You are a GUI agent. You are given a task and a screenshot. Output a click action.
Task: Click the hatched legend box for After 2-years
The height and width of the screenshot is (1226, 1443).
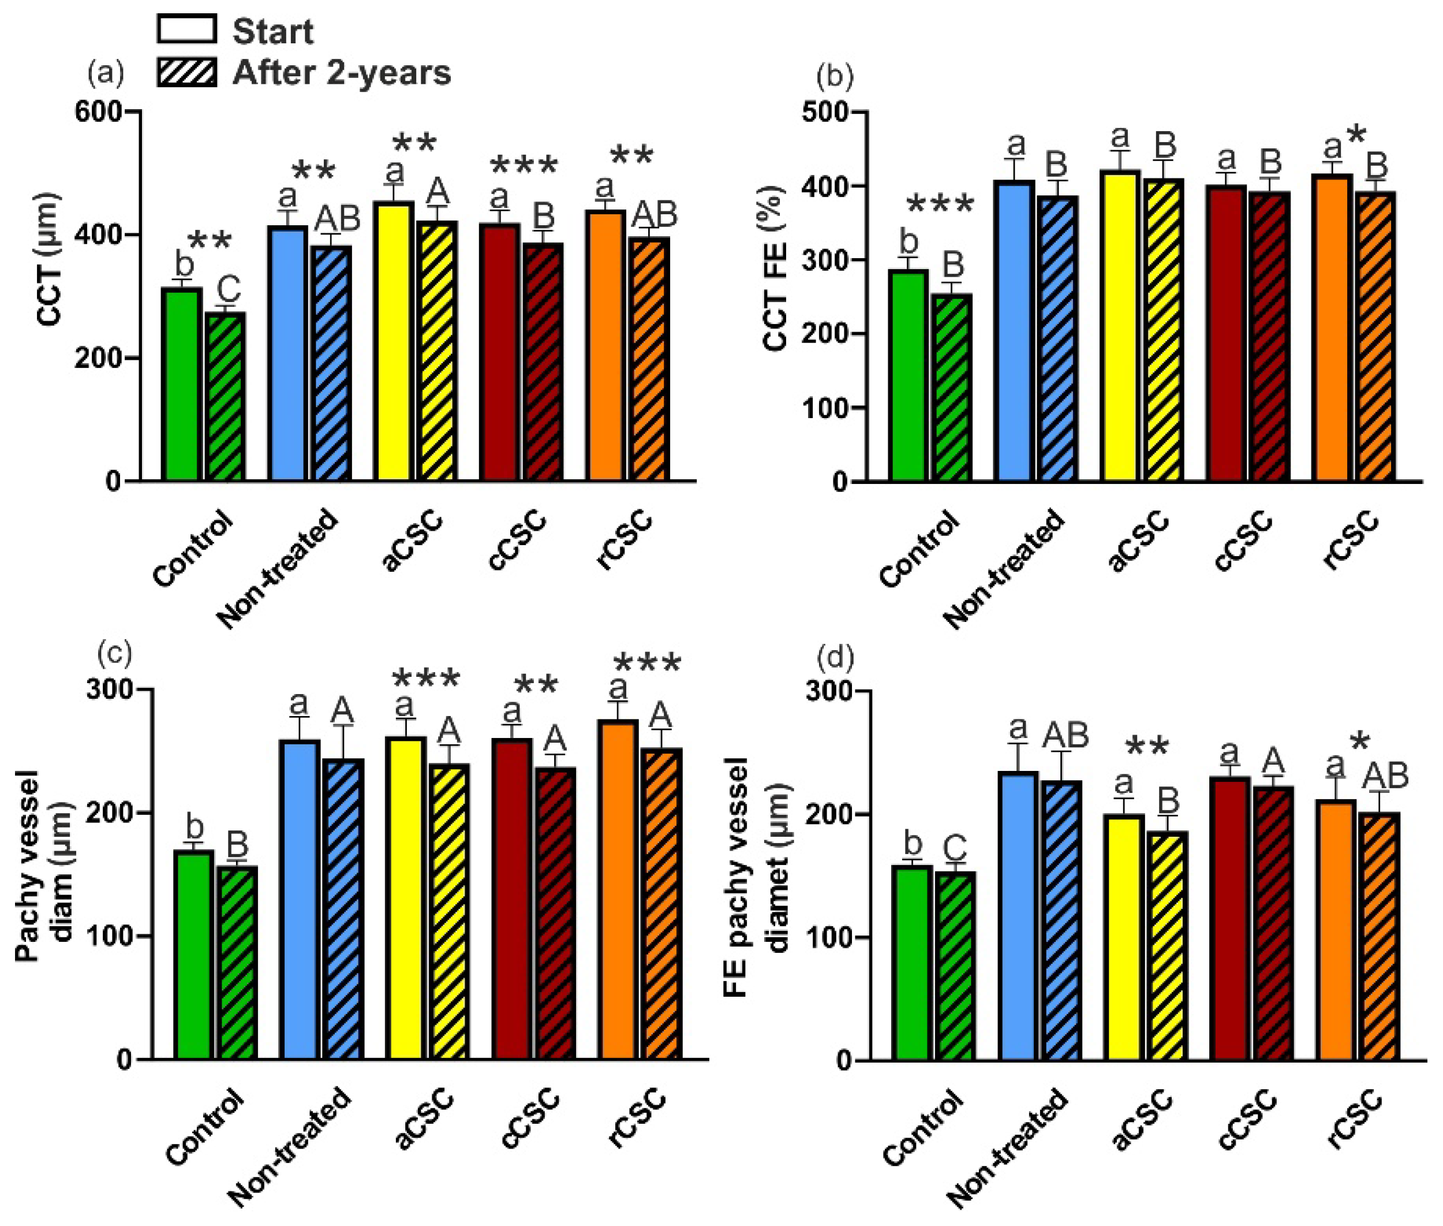coord(186,72)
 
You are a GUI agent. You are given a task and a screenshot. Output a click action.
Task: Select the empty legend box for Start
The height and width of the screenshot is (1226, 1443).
coord(186,30)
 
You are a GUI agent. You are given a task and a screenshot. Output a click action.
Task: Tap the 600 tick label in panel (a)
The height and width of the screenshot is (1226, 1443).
coord(98,112)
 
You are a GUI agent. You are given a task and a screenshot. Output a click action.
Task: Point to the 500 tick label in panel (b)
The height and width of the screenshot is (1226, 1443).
coord(825,113)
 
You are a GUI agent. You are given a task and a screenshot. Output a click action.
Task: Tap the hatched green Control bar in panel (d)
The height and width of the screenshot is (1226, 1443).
coord(955,966)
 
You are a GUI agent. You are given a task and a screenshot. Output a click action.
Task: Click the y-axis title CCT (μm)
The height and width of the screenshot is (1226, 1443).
coord(50,259)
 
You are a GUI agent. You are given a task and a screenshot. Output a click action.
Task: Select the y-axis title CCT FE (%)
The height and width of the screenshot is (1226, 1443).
coord(775,267)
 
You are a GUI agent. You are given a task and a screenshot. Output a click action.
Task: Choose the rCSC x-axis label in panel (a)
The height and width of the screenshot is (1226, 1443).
coord(625,539)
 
